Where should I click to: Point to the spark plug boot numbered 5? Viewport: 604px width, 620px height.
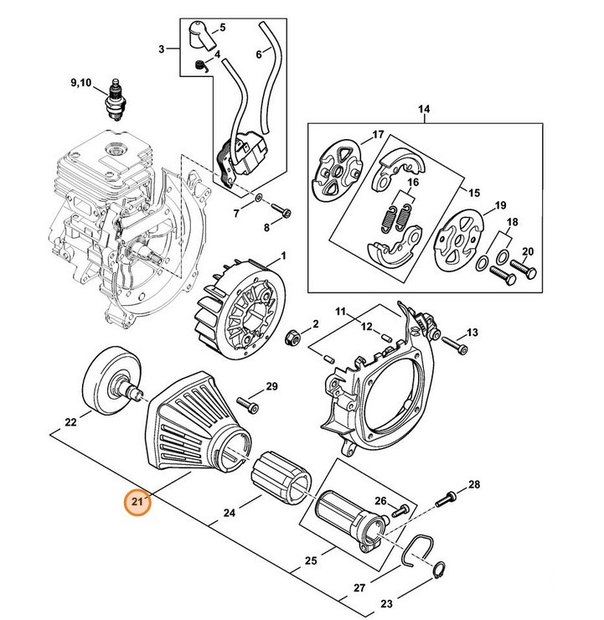(x=201, y=36)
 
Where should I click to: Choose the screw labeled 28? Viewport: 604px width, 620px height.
(x=443, y=500)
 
